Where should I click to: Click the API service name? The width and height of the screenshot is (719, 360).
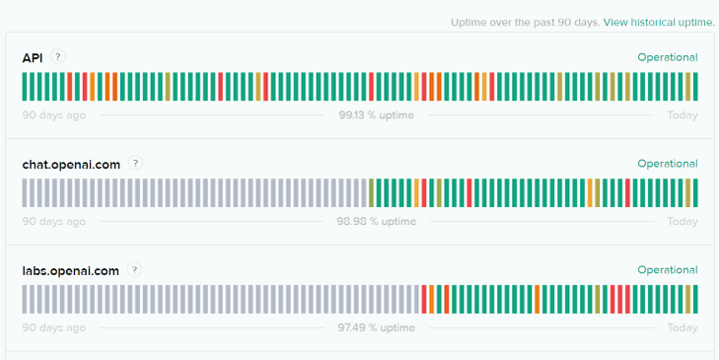coord(34,58)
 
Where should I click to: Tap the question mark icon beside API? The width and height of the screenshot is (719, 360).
coord(58,57)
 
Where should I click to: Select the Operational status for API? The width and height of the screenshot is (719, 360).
coord(667,57)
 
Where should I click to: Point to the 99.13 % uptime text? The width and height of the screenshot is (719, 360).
coord(376,115)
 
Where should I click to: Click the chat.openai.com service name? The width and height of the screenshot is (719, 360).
coord(71,165)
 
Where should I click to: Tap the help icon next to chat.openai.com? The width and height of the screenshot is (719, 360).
coord(135,164)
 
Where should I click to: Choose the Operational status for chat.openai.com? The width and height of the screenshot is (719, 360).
coord(667,164)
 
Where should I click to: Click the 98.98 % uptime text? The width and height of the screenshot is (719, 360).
coord(376,222)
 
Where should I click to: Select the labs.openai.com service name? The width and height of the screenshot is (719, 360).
coord(70,270)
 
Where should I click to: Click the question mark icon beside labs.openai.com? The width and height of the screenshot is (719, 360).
coord(134,269)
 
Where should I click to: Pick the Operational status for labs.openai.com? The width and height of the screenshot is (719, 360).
coord(667,269)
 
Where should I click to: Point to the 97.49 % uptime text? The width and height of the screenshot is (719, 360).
coord(376,327)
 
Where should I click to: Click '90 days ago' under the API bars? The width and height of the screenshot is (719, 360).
coord(54,115)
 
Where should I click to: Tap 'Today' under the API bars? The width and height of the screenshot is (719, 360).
coord(682,115)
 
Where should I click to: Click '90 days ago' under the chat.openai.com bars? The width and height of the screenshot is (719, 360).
coord(54,222)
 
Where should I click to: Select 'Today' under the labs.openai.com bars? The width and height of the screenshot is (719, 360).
coord(682,327)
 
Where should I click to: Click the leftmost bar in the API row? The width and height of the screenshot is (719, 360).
coord(26,87)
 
